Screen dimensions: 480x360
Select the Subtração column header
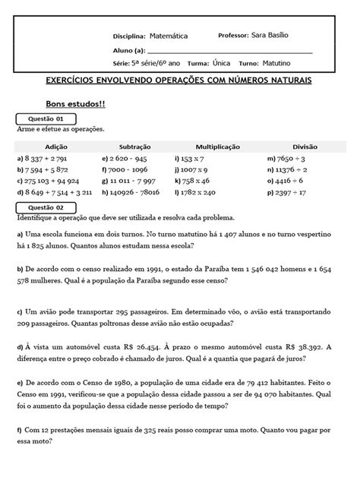coord(134,146)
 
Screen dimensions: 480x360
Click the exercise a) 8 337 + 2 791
coord(46,159)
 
